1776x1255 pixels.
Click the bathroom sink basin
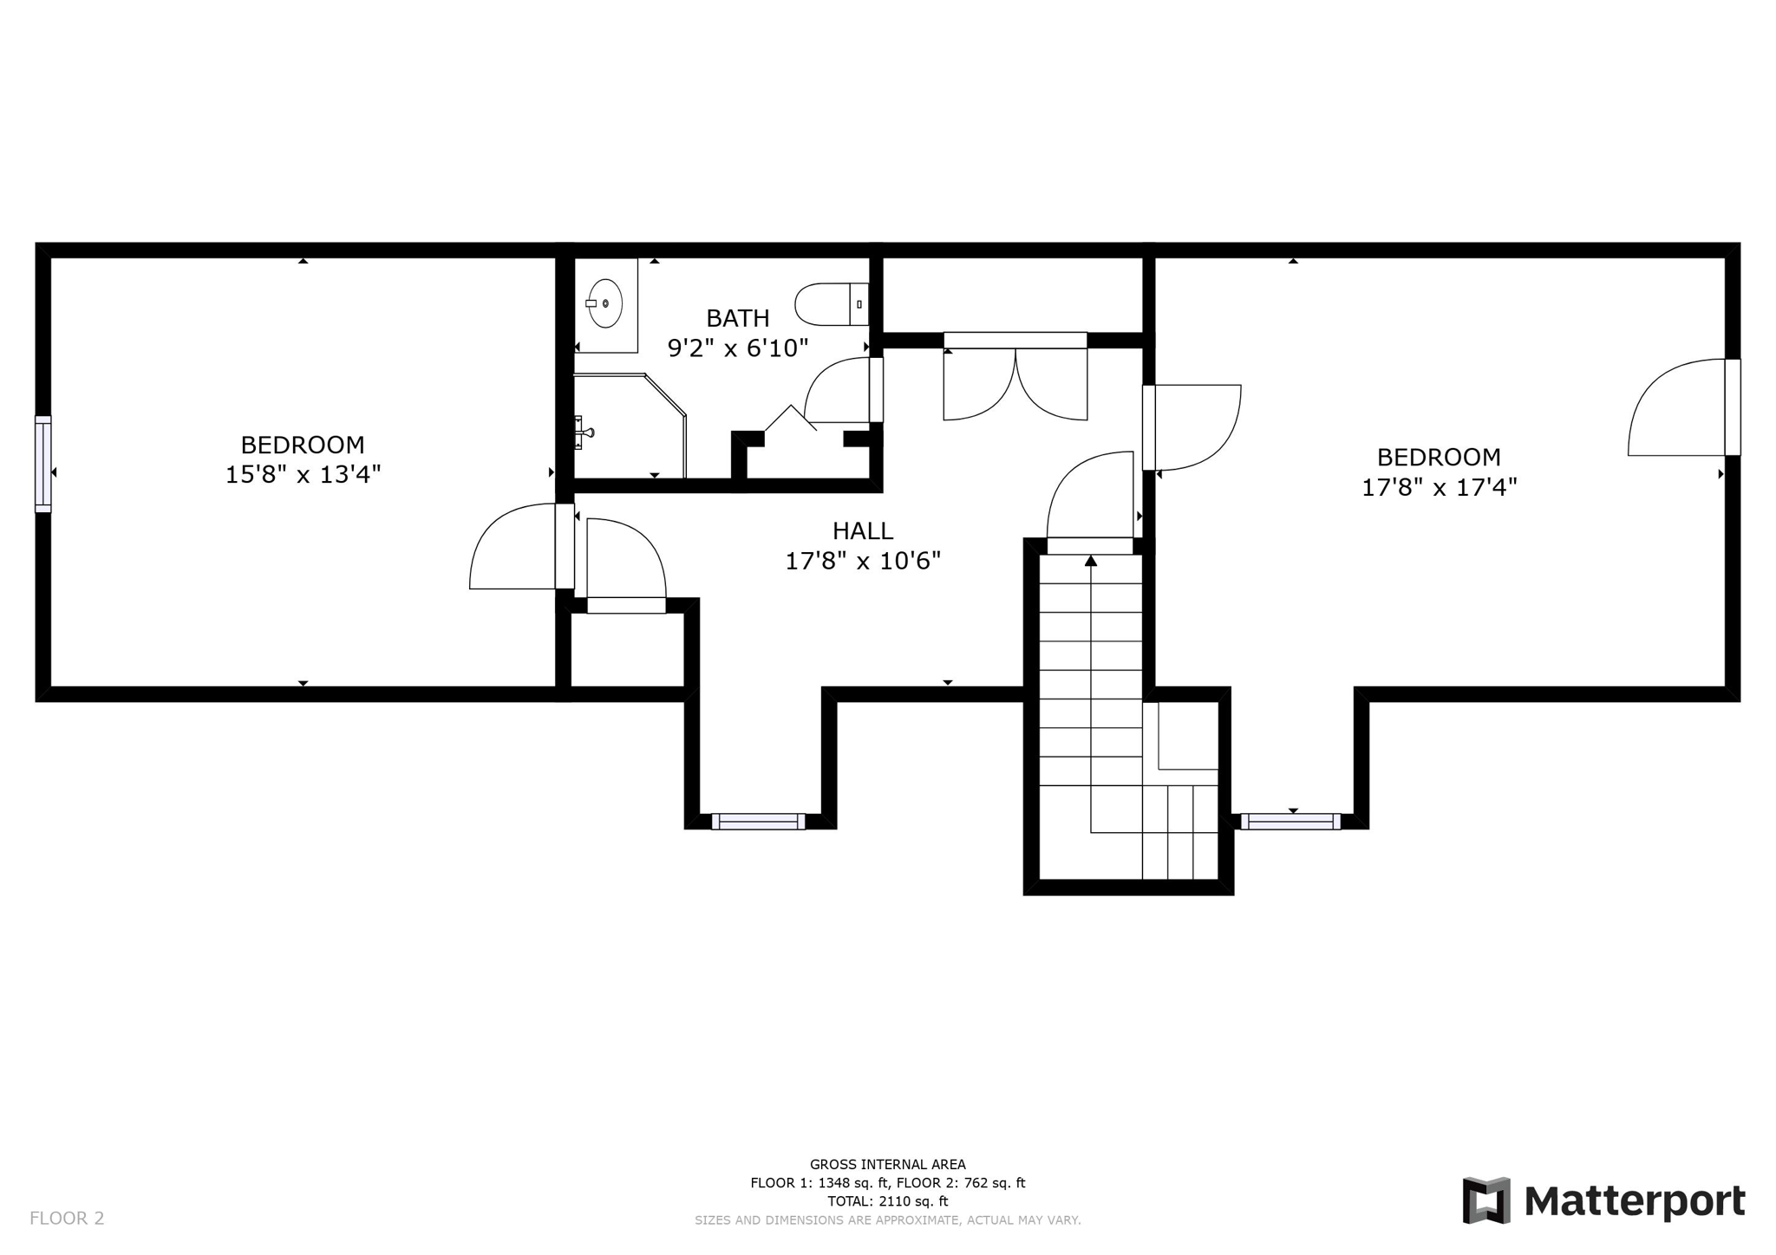pos(605,303)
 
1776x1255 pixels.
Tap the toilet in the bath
pos(832,304)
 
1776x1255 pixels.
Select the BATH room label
pos(737,318)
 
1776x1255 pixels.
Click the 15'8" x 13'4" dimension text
pos(303,475)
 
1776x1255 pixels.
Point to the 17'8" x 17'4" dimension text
pos(1439,487)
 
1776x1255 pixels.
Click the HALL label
pos(862,530)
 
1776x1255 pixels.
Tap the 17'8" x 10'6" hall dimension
pos(862,561)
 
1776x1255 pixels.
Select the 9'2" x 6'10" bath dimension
pos(737,348)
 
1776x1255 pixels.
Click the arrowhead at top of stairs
pos(1091,561)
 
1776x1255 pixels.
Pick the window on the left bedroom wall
pos(42,464)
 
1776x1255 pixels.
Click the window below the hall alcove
pos(758,822)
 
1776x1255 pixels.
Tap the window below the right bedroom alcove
pos(1290,822)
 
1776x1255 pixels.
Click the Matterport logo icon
pos(1486,1200)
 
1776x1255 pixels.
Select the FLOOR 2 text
pos(67,1218)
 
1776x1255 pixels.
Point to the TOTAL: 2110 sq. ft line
pos(887,1201)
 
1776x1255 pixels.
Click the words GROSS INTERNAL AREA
pos(887,1165)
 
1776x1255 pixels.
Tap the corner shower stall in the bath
pos(630,426)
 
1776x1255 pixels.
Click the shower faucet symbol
pos(584,432)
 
